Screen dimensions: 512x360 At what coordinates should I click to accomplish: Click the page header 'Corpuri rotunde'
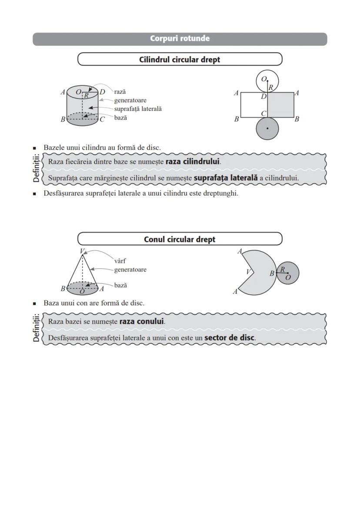pos(180,39)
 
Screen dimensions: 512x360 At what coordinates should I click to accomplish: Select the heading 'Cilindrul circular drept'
pos(180,60)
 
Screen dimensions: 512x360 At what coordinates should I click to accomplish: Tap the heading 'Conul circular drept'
pos(180,239)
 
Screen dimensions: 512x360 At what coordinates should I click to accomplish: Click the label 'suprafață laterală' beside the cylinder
pos(138,109)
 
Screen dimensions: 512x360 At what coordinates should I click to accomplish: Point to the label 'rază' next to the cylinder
pos(120,92)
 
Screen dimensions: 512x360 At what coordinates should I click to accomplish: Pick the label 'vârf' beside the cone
pos(120,261)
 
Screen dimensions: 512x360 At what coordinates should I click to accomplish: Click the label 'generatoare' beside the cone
pos(130,269)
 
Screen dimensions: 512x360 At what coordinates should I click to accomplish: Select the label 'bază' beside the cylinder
pos(120,118)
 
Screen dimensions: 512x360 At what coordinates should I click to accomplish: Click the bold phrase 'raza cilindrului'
pos(193,162)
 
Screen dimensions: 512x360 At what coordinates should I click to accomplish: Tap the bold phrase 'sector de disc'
pos(229,338)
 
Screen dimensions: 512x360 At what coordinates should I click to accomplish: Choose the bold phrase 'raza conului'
pos(142,322)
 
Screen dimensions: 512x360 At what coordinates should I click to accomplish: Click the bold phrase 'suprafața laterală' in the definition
pos(226,178)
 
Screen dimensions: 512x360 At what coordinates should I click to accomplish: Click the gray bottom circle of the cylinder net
pos(267,129)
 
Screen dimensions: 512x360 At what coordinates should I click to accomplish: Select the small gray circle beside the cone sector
pos(288,273)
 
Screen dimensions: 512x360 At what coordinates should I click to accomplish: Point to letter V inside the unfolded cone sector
pos(248,272)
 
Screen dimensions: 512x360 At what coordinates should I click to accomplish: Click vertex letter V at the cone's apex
pos(82,251)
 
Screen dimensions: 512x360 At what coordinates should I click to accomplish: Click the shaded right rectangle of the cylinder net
pos(280,105)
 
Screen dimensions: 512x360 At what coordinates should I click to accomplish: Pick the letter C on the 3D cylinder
pos(103,120)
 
